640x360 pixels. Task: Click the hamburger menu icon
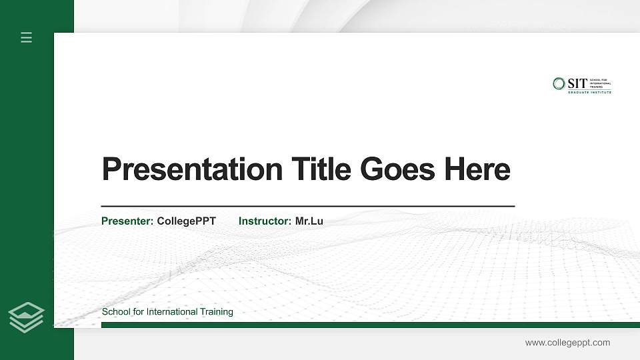coord(27,37)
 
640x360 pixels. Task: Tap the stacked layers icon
coord(27,317)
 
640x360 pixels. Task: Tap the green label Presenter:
coord(127,221)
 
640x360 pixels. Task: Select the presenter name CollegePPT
coord(187,221)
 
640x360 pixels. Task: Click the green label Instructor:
coord(265,221)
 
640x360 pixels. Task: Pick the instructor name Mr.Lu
coord(309,221)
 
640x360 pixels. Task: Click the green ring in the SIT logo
coord(559,83)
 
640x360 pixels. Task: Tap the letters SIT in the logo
coord(577,83)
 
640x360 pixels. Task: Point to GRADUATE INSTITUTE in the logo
coord(589,92)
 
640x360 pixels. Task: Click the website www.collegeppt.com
coord(567,343)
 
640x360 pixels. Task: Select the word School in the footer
coord(116,312)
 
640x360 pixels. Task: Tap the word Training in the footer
coord(217,312)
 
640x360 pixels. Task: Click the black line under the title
coord(307,207)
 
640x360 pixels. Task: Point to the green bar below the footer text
coord(367,325)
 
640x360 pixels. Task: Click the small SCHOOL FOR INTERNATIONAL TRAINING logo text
coord(600,83)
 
